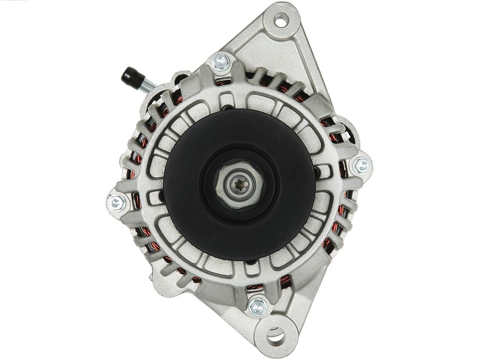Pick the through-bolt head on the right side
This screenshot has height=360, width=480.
[x=362, y=166]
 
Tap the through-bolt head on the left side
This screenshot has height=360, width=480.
[x=116, y=203]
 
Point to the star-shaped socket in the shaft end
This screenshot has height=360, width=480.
[x=240, y=183]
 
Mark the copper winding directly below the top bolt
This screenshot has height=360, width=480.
[x=221, y=81]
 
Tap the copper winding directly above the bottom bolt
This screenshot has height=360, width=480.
[x=256, y=287]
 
